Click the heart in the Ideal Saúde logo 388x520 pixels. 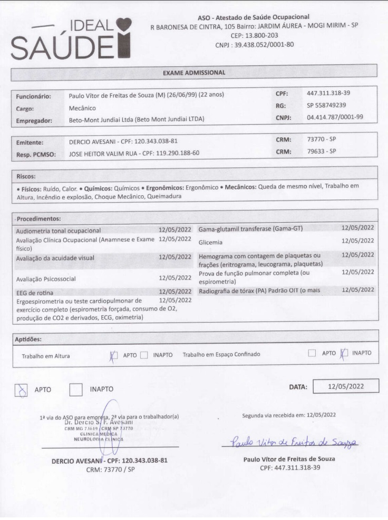123,25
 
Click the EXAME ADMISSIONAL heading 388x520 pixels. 193,72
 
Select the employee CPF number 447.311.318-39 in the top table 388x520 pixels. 328,93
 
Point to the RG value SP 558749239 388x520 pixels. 326,105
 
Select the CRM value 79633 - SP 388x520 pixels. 321,152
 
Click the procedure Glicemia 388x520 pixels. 210,243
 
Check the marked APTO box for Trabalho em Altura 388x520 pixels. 113,355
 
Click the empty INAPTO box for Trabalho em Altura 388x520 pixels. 144,355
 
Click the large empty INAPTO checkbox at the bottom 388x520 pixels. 76,389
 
